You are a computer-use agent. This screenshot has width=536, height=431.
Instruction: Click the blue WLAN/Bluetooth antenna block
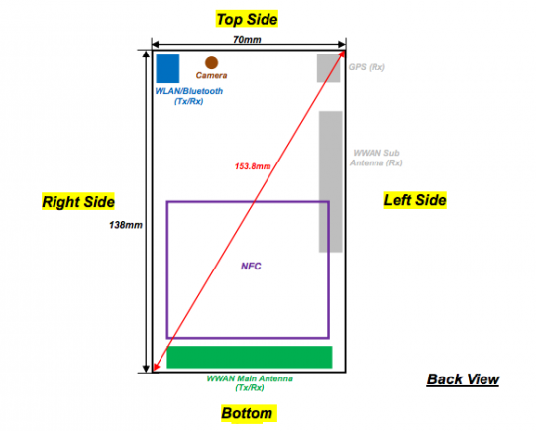167,68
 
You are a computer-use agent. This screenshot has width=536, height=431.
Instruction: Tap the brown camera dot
211,62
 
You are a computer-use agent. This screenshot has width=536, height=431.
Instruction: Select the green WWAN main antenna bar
250,357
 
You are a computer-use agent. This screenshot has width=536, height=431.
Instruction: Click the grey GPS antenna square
328,68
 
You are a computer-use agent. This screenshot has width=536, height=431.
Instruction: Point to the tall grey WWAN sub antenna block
331,181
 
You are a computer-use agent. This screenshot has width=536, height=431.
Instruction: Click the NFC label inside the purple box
251,266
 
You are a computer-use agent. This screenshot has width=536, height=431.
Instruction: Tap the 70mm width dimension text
247,40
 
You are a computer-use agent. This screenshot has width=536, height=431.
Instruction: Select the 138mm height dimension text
126,225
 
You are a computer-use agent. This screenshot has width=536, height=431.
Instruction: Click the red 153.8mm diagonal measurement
253,166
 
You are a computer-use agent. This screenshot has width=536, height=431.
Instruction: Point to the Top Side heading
247,19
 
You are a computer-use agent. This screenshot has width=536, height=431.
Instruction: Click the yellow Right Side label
78,202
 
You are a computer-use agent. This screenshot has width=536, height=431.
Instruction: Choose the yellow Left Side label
415,200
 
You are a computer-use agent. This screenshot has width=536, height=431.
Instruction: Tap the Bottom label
247,413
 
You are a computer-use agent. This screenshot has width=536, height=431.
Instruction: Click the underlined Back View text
463,379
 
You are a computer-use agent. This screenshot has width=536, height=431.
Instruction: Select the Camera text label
211,75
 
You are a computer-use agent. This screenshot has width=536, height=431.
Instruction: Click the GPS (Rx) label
367,67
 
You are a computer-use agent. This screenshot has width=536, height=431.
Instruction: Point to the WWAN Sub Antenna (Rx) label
376,158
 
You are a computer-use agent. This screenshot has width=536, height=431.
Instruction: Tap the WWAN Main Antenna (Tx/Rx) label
250,383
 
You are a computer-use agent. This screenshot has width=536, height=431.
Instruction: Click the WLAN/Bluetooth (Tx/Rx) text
188,96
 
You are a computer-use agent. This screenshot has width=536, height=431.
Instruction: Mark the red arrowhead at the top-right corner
342,54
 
